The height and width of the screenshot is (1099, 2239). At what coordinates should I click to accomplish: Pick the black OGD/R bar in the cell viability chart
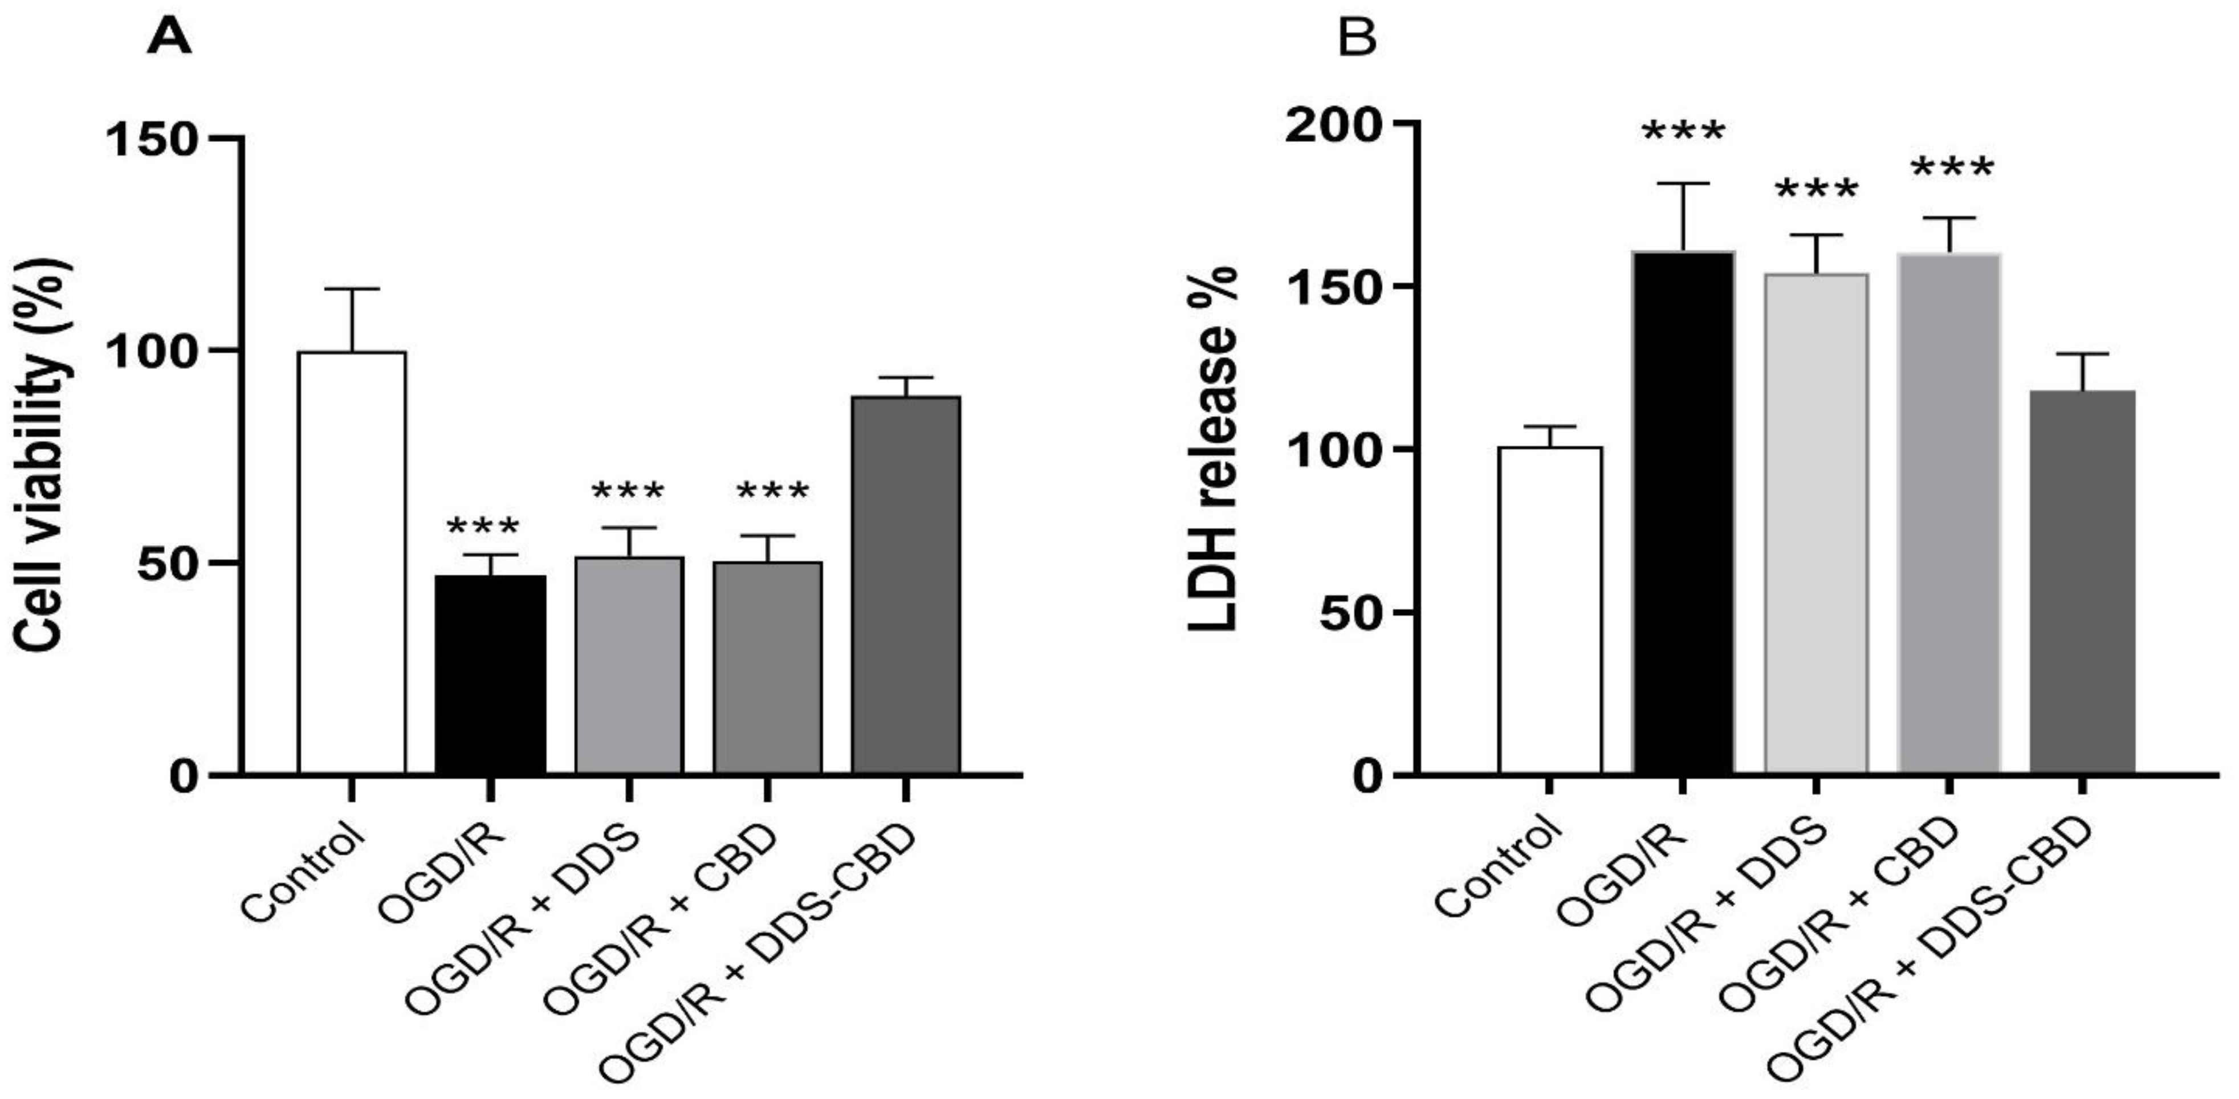[490, 674]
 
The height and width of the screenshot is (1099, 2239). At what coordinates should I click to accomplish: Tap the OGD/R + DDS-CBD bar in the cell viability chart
[906, 584]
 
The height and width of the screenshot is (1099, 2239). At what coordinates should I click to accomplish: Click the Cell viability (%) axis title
[41, 452]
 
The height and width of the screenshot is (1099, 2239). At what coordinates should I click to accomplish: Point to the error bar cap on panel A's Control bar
[352, 288]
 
